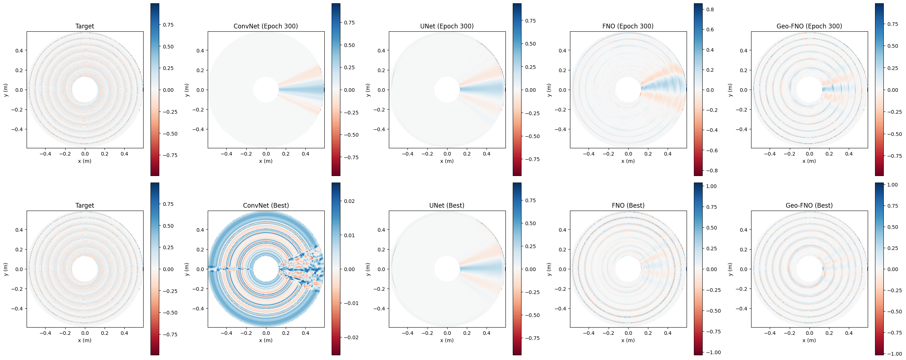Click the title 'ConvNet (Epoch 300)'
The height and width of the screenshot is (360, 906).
pos(266,26)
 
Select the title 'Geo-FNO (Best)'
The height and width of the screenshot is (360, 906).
pos(809,206)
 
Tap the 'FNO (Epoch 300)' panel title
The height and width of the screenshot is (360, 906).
pos(628,26)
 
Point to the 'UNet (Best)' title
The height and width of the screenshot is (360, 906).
pos(447,206)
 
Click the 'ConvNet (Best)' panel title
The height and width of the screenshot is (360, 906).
pos(266,206)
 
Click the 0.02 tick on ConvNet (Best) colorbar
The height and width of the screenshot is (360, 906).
pos(349,201)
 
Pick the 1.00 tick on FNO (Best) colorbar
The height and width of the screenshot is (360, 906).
pos(711,186)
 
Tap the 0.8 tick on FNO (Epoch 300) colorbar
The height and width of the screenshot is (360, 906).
pos(710,9)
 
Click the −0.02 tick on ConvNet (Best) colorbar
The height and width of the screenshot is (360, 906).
pos(350,337)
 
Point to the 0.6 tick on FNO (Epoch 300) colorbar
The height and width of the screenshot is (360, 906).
pos(710,30)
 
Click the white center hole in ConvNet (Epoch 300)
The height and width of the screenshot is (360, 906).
pos(266,90)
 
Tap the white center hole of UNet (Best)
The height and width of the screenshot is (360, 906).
pos(447,269)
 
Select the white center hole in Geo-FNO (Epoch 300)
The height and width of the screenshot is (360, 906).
pos(809,90)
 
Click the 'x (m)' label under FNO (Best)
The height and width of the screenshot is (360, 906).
pos(628,340)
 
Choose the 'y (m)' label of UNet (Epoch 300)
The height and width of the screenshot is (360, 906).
pos(368,90)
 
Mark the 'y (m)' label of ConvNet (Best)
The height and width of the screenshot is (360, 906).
pos(187,269)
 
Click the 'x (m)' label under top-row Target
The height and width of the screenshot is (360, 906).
pos(85,161)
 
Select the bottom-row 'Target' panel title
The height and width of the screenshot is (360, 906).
pos(85,206)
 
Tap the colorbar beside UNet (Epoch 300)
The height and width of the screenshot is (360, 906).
pos(517,90)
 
